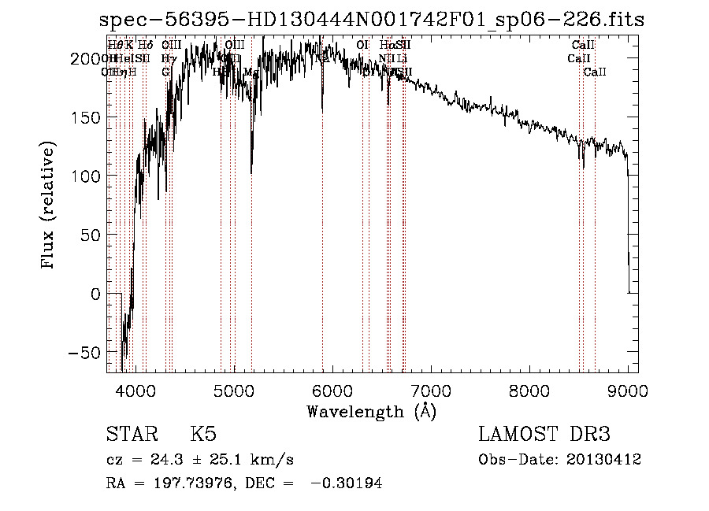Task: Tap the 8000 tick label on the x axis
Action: (x=529, y=390)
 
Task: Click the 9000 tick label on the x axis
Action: (x=628, y=390)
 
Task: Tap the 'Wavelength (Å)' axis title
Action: (x=371, y=411)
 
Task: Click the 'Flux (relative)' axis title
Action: (x=49, y=206)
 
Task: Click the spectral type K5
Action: (x=202, y=435)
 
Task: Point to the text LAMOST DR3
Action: (x=544, y=435)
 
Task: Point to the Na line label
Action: (x=321, y=58)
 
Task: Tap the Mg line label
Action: (x=251, y=72)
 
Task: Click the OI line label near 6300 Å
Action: (x=362, y=46)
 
